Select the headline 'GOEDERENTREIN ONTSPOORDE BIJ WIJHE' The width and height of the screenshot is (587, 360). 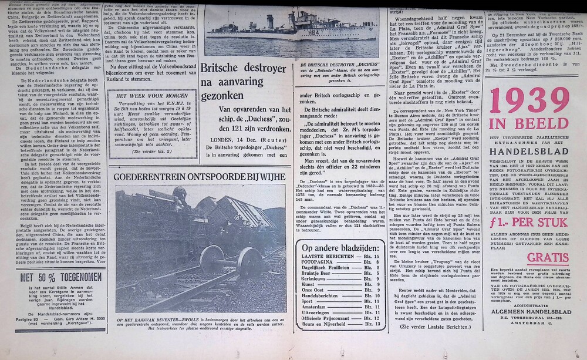tap(200, 177)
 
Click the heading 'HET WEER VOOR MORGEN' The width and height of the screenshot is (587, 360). tap(151, 95)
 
